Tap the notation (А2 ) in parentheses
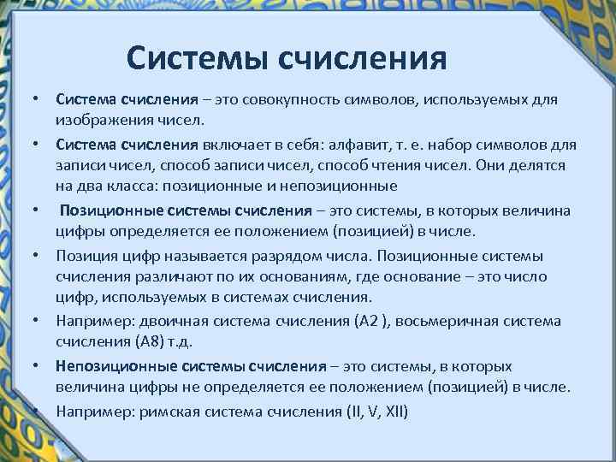click(370, 321)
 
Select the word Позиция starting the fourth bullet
click(83, 256)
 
